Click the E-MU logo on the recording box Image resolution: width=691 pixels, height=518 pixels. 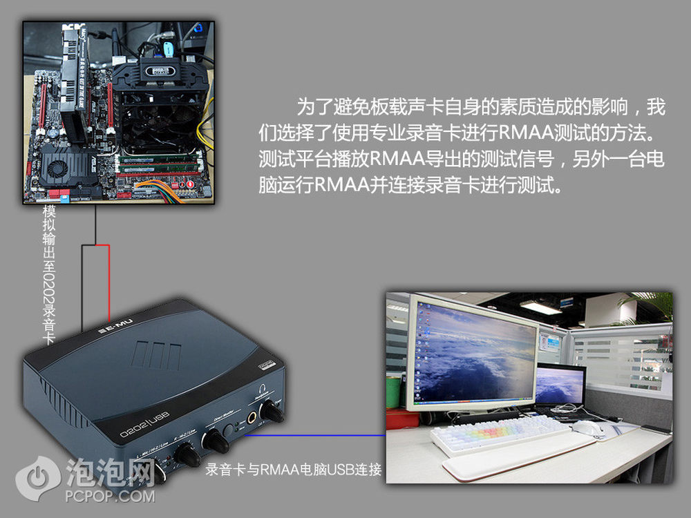click(116, 327)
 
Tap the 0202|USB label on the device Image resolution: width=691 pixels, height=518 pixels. click(144, 424)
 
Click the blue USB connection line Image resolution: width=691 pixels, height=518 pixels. click(315, 435)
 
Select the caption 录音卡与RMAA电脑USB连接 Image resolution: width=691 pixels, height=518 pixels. click(294, 470)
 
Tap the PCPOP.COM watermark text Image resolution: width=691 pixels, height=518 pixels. click(110, 497)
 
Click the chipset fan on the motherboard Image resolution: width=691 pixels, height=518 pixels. click(57, 168)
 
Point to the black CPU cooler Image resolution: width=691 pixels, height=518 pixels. click(160, 105)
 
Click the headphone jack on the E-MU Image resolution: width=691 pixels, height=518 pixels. click(252, 417)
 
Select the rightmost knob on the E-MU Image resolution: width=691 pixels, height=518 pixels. click(271, 412)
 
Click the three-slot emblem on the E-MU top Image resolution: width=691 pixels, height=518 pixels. click(155, 355)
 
